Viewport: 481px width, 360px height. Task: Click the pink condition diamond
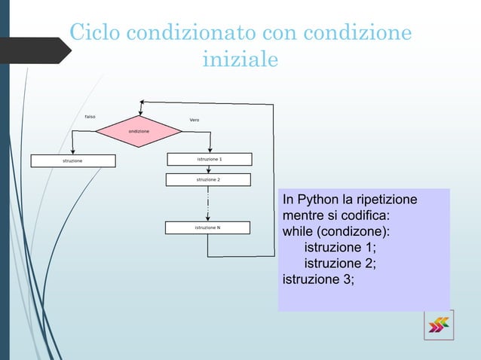coord(138,131)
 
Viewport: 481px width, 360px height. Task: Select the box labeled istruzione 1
coord(209,160)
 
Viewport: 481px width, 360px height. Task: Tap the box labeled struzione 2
coord(209,180)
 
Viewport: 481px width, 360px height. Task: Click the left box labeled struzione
coord(73,160)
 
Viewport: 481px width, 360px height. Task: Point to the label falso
coord(90,117)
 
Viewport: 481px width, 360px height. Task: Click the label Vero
coord(195,121)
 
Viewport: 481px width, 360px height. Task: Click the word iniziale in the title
coord(240,59)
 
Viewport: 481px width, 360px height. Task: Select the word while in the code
coord(298,233)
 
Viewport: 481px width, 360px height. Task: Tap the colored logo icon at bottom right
coord(438,325)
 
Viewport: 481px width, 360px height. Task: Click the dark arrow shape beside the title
coord(34,50)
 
